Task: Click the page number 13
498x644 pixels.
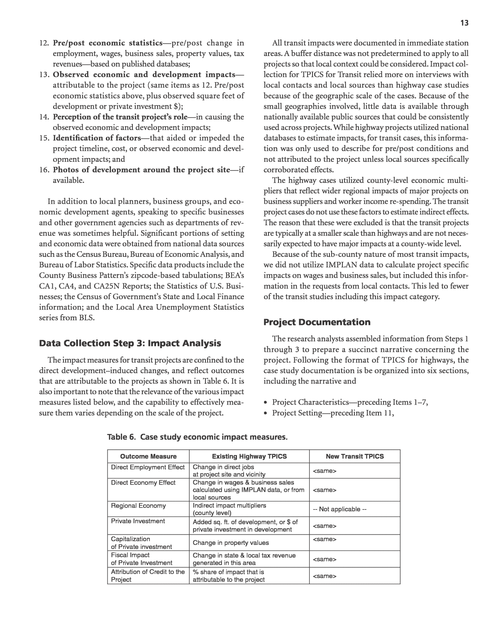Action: (464, 23)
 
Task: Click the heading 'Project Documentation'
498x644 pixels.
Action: (317, 322)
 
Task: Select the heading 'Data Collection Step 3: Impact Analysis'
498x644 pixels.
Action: (130, 344)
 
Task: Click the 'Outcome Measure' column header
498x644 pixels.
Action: (148, 456)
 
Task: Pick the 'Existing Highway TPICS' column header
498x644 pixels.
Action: (249, 456)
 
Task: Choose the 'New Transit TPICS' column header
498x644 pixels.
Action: (355, 456)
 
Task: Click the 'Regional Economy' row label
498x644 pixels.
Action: (138, 506)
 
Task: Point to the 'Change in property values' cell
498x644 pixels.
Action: (231, 543)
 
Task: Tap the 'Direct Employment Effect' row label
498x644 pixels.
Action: (148, 467)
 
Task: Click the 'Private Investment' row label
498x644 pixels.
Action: (138, 521)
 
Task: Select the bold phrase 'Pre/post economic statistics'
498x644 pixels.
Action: (107, 43)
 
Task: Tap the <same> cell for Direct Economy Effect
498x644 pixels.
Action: (324, 490)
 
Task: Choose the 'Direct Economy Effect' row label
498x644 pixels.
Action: (143, 483)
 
